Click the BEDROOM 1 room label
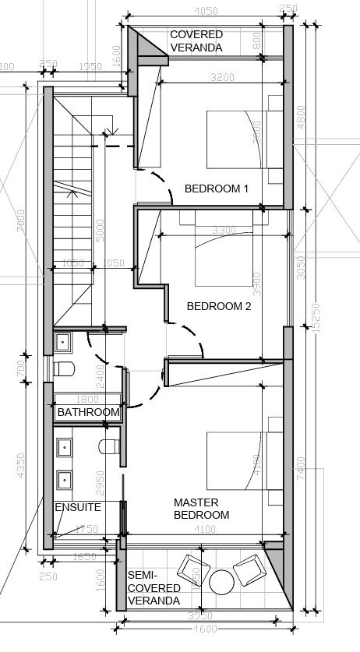216,189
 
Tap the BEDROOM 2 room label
219,306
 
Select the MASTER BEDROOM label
201,509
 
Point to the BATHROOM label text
89,412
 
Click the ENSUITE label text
77,507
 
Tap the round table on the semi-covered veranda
222,581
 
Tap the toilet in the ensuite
108,446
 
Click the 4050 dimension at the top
205,11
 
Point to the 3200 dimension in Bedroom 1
223,77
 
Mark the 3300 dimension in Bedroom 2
224,231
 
